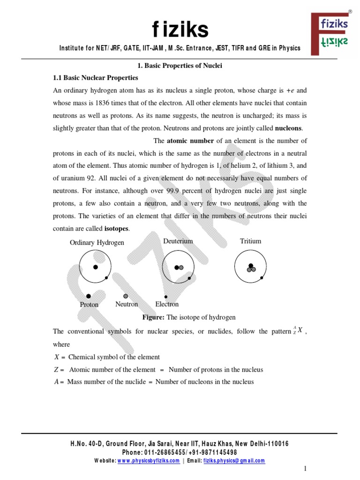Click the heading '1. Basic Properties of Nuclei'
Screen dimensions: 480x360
[x=180, y=66]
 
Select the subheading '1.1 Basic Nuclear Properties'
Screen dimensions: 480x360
[x=95, y=77]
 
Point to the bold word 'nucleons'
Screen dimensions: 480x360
[x=288, y=128]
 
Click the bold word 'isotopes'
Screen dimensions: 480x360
[x=116, y=229]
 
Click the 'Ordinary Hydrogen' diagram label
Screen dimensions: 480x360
[x=97, y=242]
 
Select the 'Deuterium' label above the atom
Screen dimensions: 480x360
[x=178, y=241]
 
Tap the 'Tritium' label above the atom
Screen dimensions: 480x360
[x=250, y=241]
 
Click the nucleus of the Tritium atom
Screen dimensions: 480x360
[x=251, y=268]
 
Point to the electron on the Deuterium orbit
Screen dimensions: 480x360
[x=189, y=278]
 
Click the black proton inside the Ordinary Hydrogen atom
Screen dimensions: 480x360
[x=95, y=267]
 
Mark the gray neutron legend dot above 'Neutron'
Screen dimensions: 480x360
[x=125, y=296]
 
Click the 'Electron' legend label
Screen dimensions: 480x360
[x=167, y=304]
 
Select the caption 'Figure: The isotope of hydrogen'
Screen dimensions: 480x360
[x=188, y=317]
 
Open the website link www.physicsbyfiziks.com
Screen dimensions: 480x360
[x=148, y=461]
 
